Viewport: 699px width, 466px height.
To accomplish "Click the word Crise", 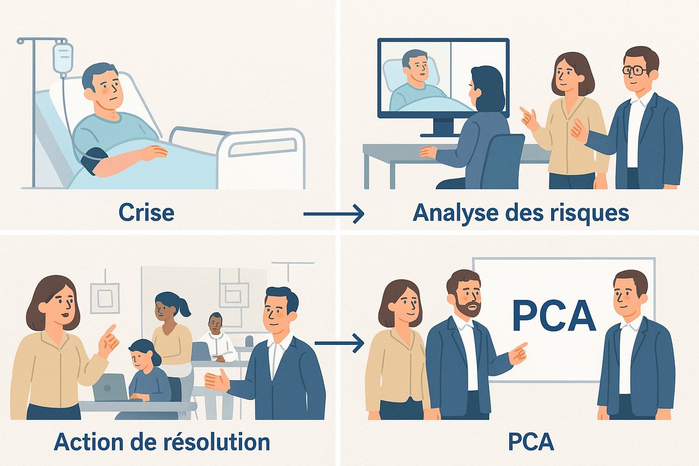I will point(146,213).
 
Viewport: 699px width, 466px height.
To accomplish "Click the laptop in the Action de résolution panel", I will point(111,387).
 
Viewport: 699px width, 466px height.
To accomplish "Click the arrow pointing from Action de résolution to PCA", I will point(339,343).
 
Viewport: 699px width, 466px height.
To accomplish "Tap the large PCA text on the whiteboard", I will point(553,316).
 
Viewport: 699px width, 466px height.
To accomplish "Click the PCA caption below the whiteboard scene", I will point(531,442).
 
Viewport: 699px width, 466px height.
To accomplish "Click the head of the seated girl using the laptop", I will point(142,353).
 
